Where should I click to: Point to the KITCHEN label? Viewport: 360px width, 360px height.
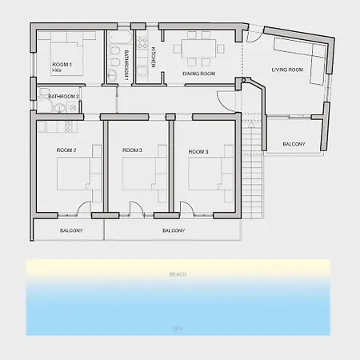(153, 57)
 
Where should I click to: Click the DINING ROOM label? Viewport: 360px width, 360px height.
(198, 74)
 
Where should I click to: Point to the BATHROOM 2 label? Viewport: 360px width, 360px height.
(63, 96)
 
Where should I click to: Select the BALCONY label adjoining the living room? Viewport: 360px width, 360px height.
(294, 144)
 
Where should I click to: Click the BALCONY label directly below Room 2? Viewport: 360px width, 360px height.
(70, 230)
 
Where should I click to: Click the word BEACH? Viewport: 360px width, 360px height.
(178, 274)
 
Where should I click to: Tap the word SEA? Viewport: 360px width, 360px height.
(178, 327)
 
